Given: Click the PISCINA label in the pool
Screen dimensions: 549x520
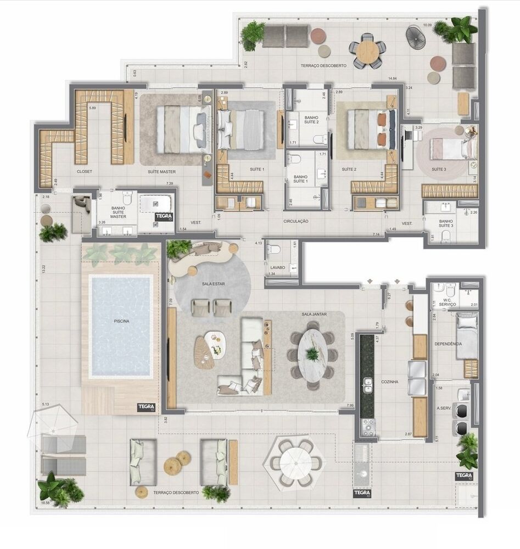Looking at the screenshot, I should tap(121, 321).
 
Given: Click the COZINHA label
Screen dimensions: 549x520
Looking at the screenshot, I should tap(390, 381).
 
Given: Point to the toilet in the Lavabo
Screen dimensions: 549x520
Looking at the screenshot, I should tap(275, 251).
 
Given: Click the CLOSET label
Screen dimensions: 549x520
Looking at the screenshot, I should tap(85, 171).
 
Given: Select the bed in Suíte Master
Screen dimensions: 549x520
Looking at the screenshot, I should tap(181, 129).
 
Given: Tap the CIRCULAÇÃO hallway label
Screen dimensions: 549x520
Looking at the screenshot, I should tap(297, 221).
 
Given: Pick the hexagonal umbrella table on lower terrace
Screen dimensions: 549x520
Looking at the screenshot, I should tap(295, 462).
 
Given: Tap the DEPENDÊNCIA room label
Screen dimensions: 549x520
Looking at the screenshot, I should tap(448, 344).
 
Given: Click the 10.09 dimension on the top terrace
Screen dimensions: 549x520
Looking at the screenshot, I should tap(428, 25).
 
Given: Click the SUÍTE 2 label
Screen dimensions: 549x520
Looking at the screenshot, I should tap(349, 170).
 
